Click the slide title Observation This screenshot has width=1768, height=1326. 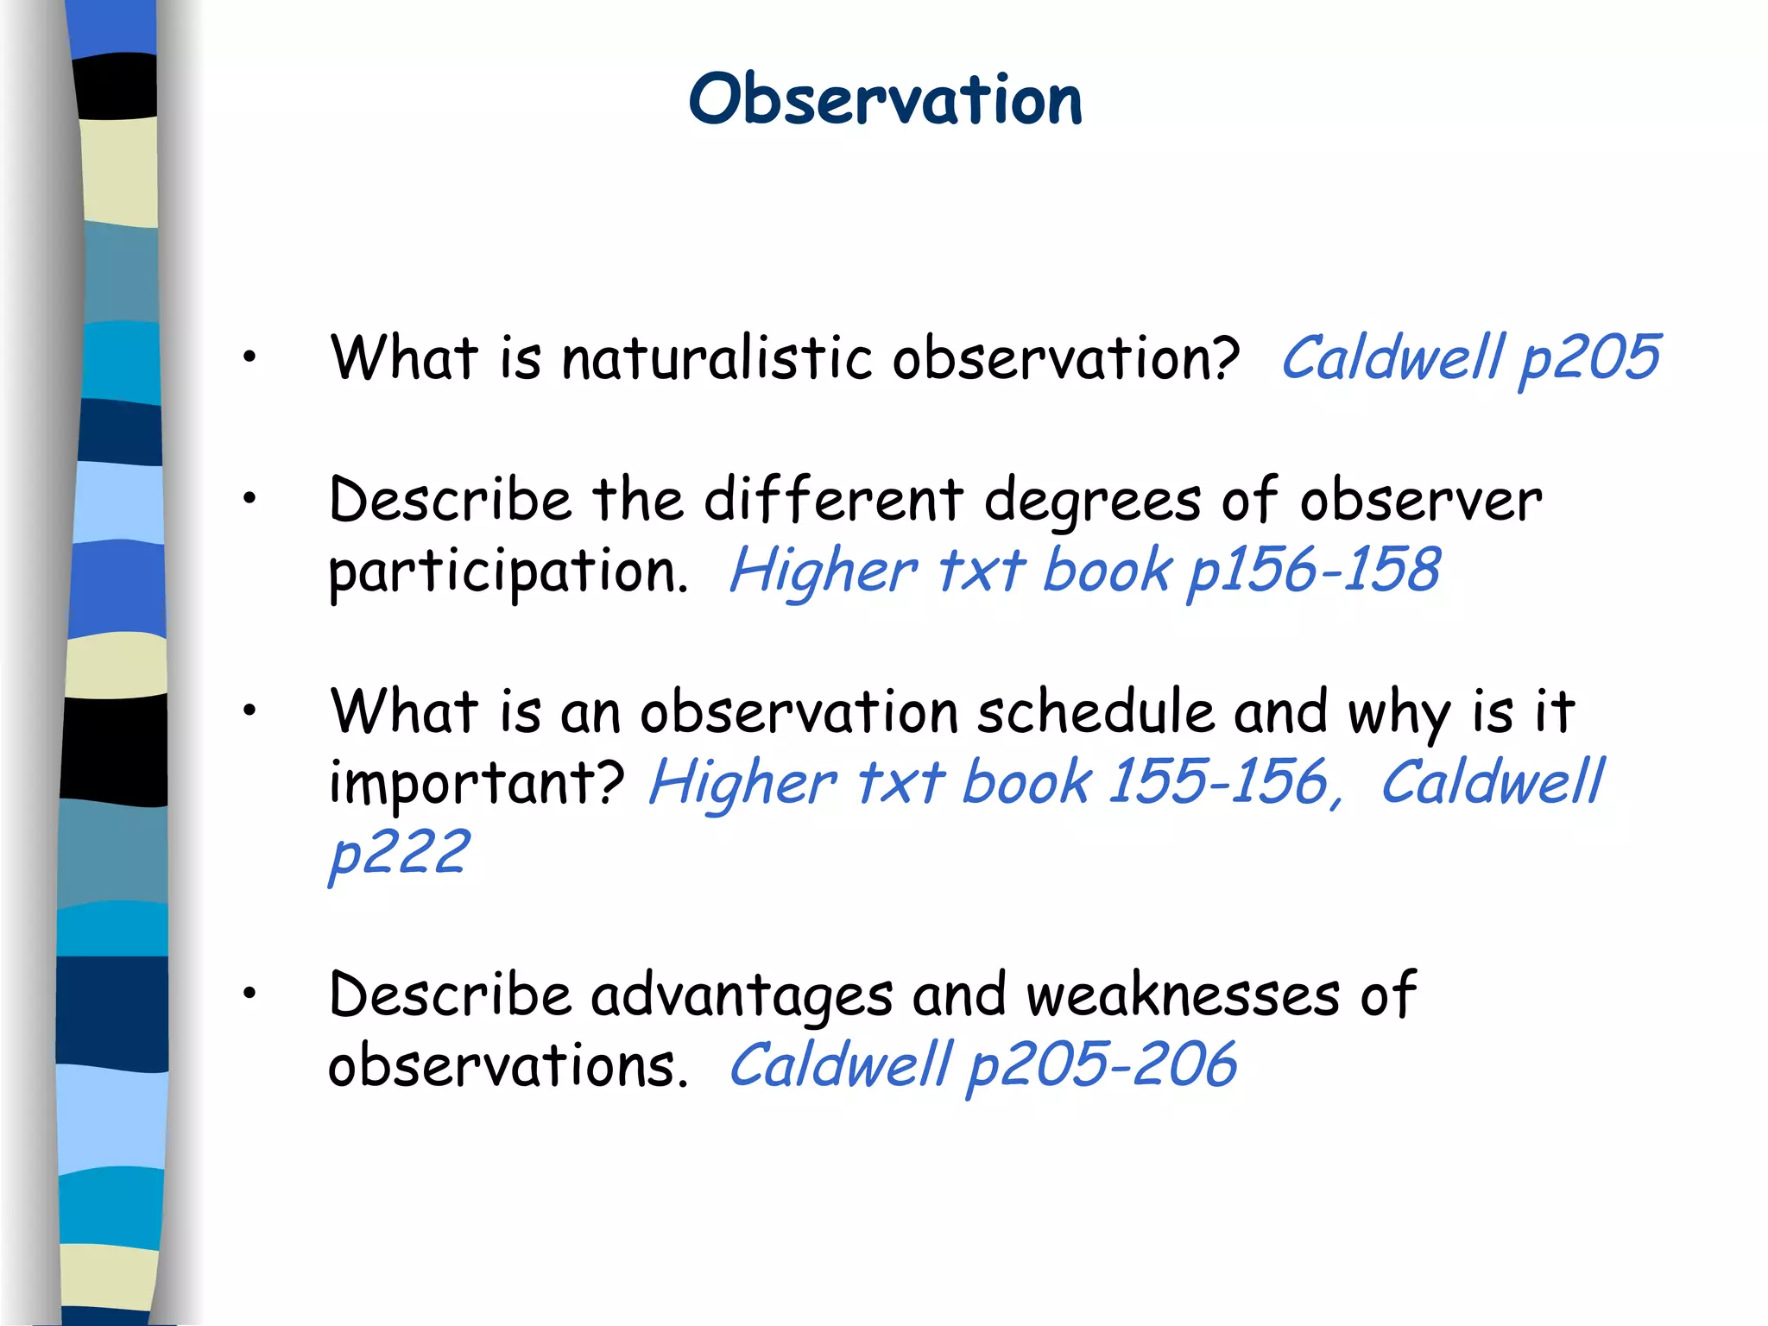point(885,99)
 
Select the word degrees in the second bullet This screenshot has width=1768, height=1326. point(1092,501)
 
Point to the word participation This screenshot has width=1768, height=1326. point(508,571)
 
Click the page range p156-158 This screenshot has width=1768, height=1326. point(1314,571)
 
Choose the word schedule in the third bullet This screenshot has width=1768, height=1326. point(1096,712)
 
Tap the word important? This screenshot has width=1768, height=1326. point(477,783)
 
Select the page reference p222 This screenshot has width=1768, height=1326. point(400,854)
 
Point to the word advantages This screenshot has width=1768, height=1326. point(741,995)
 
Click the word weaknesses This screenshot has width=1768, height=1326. point(1183,995)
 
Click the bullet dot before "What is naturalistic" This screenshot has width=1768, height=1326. point(249,357)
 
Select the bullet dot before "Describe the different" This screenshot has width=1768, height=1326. point(249,498)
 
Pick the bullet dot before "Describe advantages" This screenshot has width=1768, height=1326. point(249,994)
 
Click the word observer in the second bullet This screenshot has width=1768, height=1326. point(1421,501)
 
